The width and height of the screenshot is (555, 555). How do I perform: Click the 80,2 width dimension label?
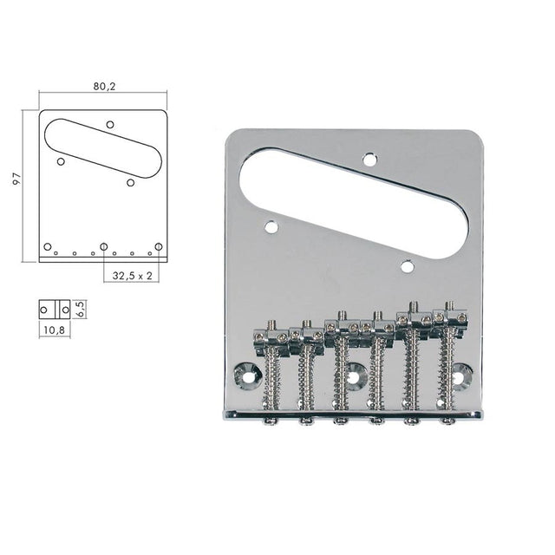102,86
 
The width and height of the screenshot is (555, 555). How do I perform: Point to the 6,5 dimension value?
81,309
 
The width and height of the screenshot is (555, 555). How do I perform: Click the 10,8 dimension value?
53,330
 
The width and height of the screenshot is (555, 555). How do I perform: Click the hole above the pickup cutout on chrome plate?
369,158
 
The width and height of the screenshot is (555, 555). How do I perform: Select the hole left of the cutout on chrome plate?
271,227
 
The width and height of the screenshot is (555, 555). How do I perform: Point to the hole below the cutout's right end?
408,267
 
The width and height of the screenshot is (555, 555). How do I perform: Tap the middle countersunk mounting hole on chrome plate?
355,374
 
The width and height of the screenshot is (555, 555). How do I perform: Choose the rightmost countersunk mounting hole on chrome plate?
462,374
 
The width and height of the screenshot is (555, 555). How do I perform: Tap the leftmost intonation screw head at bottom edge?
271,422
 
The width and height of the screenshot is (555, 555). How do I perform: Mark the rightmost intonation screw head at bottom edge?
448,422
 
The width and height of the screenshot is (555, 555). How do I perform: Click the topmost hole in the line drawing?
110,125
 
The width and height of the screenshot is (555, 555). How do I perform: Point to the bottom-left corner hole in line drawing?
48,247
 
